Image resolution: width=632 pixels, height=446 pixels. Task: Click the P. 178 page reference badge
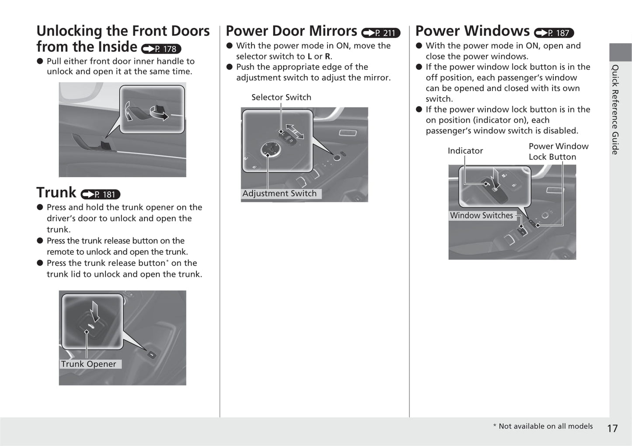[x=161, y=49]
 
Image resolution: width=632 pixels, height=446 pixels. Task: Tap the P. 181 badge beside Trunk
[x=101, y=194]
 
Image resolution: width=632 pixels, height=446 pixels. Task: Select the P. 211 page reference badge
[x=381, y=33]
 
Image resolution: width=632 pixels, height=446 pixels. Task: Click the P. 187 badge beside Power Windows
[x=554, y=33]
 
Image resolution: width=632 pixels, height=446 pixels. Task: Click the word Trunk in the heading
[x=56, y=193]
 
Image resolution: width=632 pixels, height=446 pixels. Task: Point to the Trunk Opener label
[x=89, y=364]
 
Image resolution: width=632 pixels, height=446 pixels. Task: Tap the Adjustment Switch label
[x=279, y=193]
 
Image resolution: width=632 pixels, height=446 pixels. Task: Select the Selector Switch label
[x=281, y=97]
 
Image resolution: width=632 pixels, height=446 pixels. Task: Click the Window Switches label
[x=481, y=215]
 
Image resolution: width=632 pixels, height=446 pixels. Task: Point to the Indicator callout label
[x=465, y=151]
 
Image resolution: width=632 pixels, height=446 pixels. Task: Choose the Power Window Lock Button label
[x=558, y=151]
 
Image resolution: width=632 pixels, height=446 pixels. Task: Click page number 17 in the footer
[x=612, y=428]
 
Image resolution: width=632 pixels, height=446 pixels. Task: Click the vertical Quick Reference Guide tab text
[x=615, y=109]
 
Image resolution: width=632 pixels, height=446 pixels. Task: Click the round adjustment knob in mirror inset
[x=268, y=150]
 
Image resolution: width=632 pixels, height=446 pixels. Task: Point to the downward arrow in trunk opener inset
[x=95, y=311]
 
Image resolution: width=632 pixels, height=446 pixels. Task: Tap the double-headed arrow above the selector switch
[x=295, y=131]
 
